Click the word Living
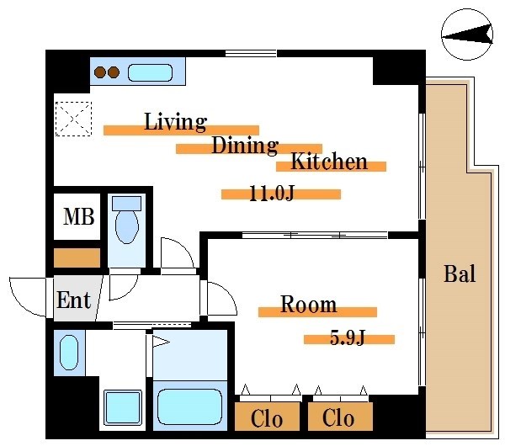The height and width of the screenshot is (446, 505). [x=175, y=122]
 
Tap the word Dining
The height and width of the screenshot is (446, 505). [x=245, y=146]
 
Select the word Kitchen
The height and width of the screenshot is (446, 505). [x=329, y=161]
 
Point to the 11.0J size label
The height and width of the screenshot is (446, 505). [x=272, y=194]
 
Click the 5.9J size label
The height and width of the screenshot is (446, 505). [x=347, y=337]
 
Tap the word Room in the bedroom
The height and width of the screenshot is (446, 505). [x=309, y=304]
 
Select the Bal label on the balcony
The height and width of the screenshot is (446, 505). [x=460, y=274]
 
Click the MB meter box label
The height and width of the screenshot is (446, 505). [x=79, y=216]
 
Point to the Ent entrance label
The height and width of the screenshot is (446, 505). [x=74, y=300]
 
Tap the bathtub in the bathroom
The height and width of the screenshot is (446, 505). [x=189, y=406]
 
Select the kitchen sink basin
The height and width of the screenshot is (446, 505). [x=150, y=72]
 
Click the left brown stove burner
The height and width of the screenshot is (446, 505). [x=100, y=72]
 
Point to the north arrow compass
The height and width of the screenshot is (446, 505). [x=467, y=35]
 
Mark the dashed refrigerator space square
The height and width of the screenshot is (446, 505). [x=74, y=119]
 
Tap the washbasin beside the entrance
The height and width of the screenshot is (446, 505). [x=69, y=353]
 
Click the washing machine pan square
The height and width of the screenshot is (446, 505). [x=123, y=408]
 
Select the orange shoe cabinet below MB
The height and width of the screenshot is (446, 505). [x=77, y=258]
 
